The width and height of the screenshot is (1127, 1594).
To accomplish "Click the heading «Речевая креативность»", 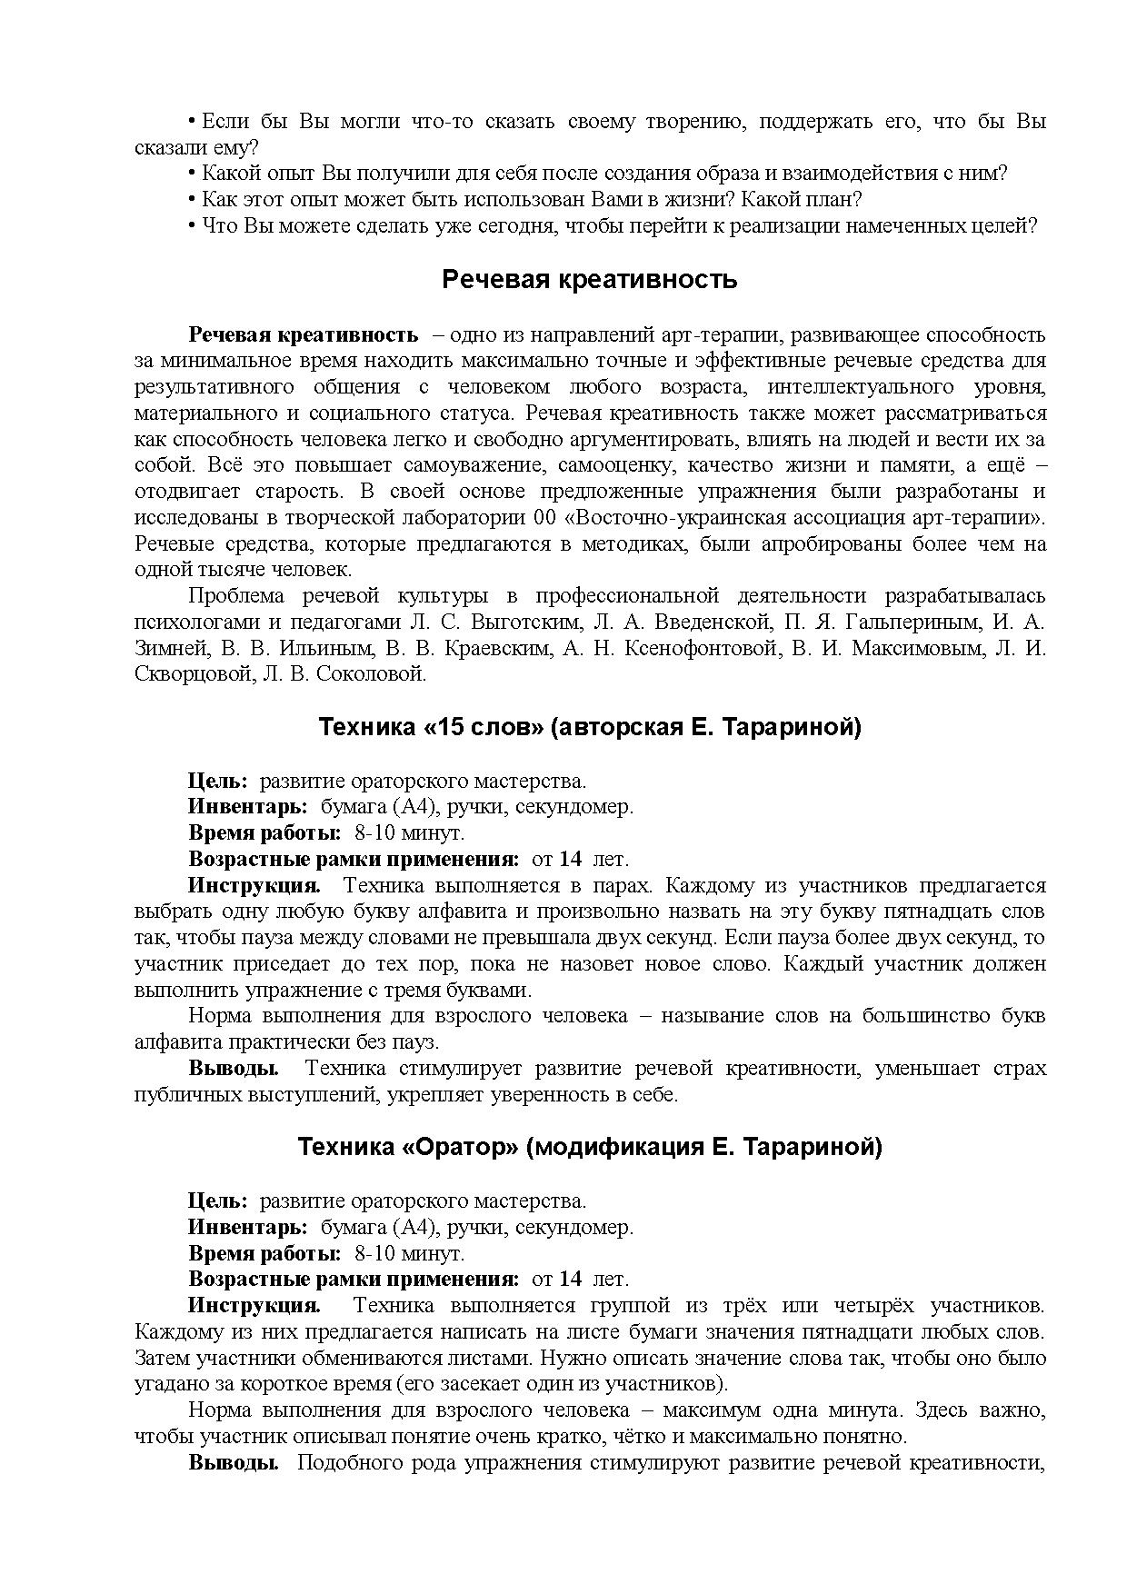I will pos(589,280).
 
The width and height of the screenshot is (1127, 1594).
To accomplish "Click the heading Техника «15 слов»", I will pos(589,728).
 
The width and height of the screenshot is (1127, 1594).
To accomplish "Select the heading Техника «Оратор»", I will pos(589,1148).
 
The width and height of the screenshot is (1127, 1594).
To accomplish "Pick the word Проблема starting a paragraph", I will pos(234,596).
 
